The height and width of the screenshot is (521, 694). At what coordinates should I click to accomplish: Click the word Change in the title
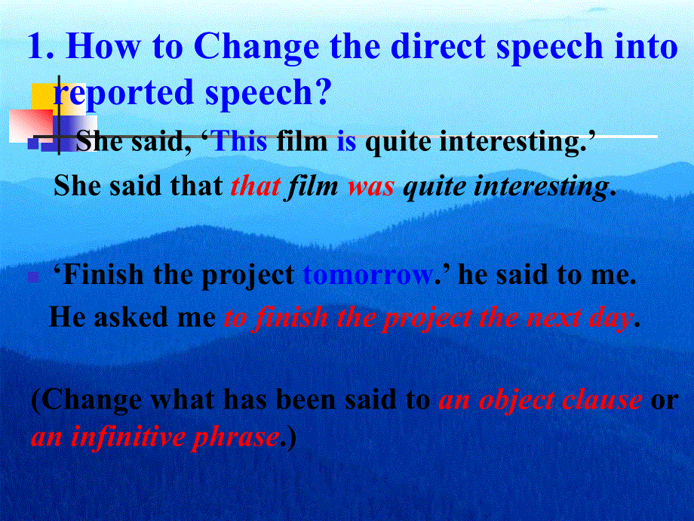point(256,48)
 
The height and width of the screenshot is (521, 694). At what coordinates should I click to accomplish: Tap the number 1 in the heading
point(37,46)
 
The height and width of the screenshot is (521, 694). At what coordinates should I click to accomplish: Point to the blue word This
point(241,142)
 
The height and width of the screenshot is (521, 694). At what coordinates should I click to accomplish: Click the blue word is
point(346,142)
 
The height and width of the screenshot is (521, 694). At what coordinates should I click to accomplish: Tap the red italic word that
point(256,186)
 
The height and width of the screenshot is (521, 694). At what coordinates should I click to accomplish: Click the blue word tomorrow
point(367,276)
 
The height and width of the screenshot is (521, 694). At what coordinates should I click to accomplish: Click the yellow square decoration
point(45,97)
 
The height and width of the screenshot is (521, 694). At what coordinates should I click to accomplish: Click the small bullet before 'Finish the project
point(33,277)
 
